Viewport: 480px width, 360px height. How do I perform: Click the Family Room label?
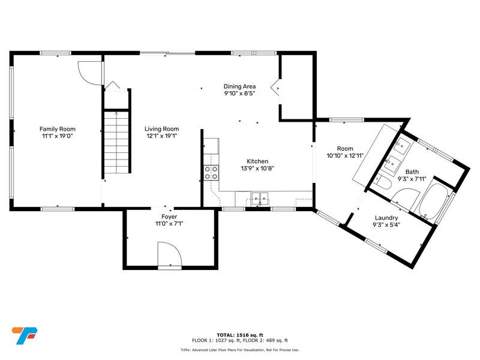click(x=58, y=129)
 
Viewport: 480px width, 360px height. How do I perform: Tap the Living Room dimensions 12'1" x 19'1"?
click(x=162, y=136)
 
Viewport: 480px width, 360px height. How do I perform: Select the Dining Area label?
click(x=239, y=86)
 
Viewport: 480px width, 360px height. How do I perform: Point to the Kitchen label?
click(x=257, y=161)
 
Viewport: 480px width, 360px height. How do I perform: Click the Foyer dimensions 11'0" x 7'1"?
click(x=169, y=224)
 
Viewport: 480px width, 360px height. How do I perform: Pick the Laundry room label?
click(x=386, y=218)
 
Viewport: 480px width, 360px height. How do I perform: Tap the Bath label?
click(x=412, y=172)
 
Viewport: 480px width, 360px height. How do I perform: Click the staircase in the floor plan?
click(x=116, y=142)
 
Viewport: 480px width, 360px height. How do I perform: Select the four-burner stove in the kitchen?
click(x=211, y=173)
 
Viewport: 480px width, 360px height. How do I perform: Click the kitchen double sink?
click(x=260, y=199)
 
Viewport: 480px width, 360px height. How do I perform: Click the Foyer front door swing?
click(x=170, y=254)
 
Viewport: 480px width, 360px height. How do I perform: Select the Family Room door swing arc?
click(x=89, y=73)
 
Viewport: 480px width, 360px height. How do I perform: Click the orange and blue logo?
click(x=25, y=336)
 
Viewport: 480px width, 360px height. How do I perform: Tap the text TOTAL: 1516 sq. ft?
click(x=239, y=335)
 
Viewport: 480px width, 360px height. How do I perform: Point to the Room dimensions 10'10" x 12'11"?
click(x=345, y=156)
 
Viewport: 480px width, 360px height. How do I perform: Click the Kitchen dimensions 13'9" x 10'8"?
click(x=257, y=169)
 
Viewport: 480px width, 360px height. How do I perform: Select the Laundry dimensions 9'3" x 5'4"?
click(x=386, y=225)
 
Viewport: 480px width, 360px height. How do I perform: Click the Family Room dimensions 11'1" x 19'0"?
click(x=58, y=136)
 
